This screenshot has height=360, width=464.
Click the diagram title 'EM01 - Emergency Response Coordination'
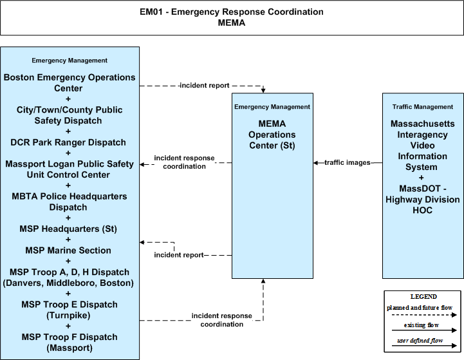tap(232, 12)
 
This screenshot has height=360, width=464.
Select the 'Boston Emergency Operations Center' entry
tap(70, 82)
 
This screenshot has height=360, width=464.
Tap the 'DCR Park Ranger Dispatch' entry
tap(68, 142)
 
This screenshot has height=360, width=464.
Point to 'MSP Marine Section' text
tap(68, 251)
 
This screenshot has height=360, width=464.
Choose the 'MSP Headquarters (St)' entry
tap(68, 229)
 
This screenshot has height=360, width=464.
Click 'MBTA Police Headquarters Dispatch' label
tap(70, 202)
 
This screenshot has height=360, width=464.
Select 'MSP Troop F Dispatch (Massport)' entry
tap(70, 342)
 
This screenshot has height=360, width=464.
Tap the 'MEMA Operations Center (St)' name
tap(272, 135)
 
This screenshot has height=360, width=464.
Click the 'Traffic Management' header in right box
tap(423, 107)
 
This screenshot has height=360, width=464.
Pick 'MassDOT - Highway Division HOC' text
tap(423, 199)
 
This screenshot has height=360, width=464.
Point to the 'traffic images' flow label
tap(348, 162)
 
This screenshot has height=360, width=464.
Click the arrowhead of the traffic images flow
tap(315, 163)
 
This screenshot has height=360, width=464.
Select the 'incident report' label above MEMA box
tap(205, 85)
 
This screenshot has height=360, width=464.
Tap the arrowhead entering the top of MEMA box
tap(263, 91)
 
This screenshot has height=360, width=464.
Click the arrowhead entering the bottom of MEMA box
tap(263, 281)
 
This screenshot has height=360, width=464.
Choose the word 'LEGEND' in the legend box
tap(423, 297)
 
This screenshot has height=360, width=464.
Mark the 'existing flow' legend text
tap(422, 325)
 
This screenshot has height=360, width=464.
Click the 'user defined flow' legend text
tap(420, 341)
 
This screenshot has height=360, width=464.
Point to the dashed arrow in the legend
tap(424, 315)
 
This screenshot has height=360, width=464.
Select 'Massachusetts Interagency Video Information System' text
tap(423, 146)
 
